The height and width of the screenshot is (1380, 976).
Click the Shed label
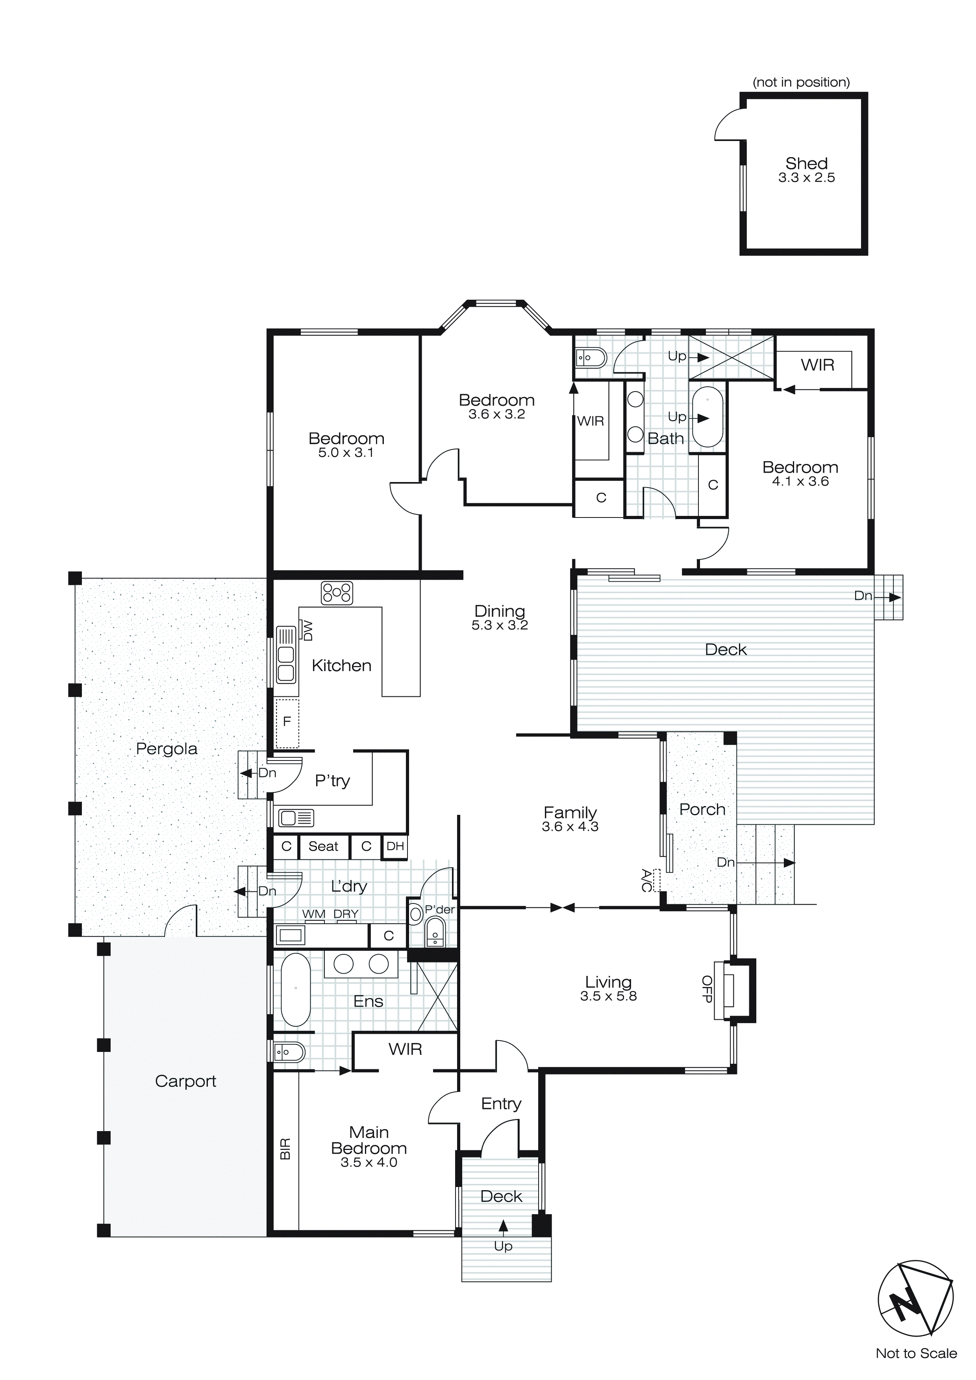pos(806,163)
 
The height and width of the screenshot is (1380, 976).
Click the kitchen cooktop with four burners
pos(337,593)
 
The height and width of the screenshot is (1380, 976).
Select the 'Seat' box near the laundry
pos(323,846)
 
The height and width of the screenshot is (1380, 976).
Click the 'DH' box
pos(395,846)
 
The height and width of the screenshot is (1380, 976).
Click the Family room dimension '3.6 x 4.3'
pos(570,827)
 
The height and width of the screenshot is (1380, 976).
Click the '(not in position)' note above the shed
pos(801,82)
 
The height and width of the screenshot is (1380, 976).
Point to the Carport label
pos(185,1081)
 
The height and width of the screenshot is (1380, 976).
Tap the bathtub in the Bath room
pos(707,417)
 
